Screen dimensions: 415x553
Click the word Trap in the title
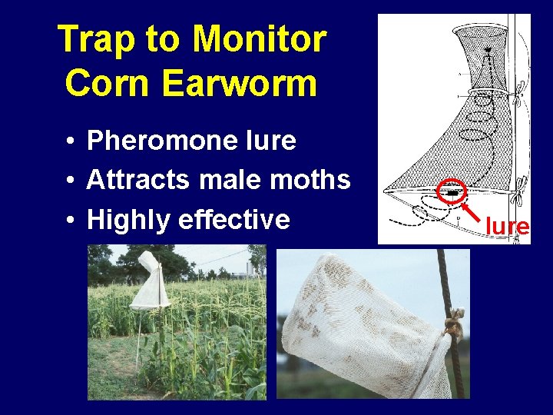[x=91, y=40]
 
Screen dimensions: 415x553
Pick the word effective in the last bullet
[x=233, y=220]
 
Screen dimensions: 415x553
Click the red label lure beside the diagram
[x=507, y=226]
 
